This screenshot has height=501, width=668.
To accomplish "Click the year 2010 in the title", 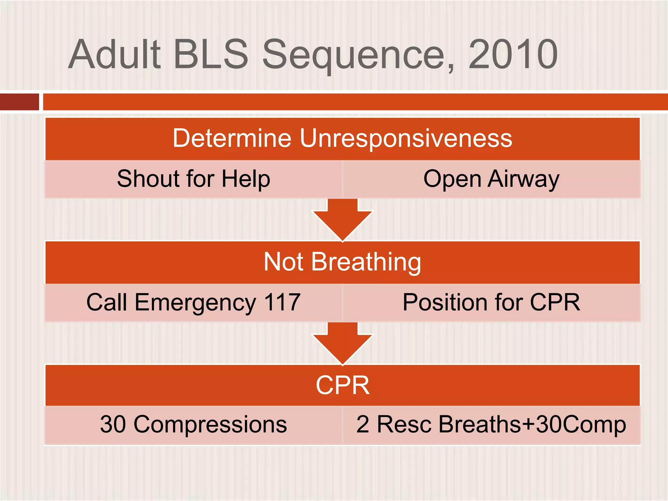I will tap(513, 54).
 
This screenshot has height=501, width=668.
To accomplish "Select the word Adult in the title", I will tap(115, 54).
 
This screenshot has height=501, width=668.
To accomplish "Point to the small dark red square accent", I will tap(19, 102).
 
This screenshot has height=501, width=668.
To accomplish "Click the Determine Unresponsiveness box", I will tap(342, 139).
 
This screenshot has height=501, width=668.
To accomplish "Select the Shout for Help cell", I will tap(193, 179).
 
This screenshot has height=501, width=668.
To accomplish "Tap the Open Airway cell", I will tap(491, 179).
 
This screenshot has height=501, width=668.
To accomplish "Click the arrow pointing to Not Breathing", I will tap(342, 220).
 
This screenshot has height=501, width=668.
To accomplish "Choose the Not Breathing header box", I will tap(342, 262).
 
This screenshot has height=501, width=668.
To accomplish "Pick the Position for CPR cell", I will tap(491, 302).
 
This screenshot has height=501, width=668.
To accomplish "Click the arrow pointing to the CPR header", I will tap(342, 344).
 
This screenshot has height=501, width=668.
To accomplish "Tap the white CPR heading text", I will tap(342, 385).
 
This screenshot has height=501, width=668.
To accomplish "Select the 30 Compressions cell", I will tap(193, 424).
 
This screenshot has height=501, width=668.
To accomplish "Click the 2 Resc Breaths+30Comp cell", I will tap(491, 424).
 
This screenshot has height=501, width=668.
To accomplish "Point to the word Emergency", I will tap(195, 303).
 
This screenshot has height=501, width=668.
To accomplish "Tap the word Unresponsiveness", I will tap(406, 139).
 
